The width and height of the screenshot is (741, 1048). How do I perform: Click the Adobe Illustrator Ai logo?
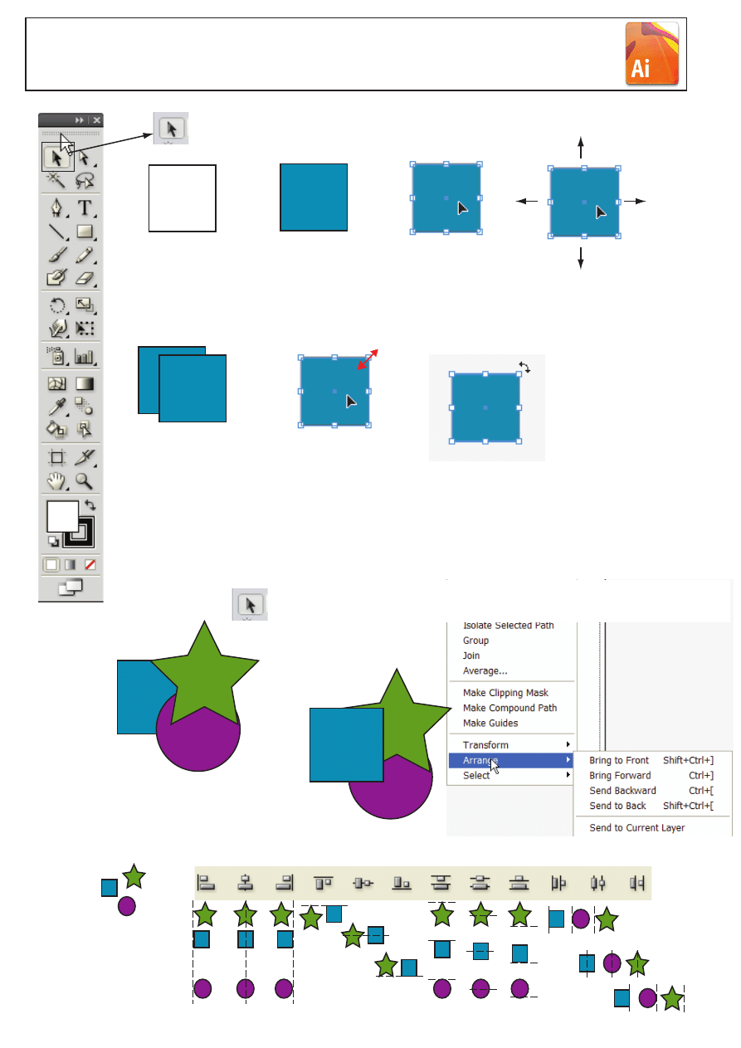(x=651, y=53)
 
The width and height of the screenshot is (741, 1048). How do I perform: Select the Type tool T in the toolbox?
(x=85, y=207)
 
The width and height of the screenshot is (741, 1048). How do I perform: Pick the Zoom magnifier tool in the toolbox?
(x=84, y=481)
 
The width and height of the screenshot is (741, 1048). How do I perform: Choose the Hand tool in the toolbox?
(x=56, y=481)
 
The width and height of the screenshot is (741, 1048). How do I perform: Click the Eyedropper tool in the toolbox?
(x=57, y=407)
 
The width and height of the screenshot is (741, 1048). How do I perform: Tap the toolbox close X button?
(x=96, y=120)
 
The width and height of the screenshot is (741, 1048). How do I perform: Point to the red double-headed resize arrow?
(x=368, y=359)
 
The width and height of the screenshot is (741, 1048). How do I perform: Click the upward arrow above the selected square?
(x=581, y=148)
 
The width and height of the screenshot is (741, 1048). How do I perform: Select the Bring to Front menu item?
(x=618, y=760)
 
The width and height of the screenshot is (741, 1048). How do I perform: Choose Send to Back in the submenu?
(x=617, y=806)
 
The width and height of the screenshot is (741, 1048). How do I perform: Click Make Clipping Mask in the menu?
(x=505, y=692)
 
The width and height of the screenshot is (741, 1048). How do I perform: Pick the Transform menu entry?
(x=485, y=745)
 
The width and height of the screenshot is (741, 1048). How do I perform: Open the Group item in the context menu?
(x=475, y=641)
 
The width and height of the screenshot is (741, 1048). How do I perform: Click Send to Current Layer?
(x=636, y=827)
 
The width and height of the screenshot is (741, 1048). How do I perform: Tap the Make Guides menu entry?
(x=490, y=723)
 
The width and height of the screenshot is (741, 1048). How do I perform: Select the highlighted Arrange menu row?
(x=511, y=760)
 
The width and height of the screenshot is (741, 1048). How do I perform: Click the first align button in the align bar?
(x=206, y=883)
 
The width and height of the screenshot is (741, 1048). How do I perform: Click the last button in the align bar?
(x=636, y=883)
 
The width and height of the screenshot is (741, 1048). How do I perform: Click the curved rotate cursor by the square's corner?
(x=524, y=368)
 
